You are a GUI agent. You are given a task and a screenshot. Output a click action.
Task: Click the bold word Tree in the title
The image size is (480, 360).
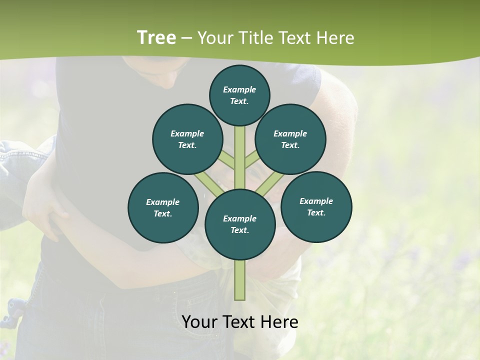point(156,37)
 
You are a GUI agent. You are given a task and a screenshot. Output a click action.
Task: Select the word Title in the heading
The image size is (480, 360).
point(255,38)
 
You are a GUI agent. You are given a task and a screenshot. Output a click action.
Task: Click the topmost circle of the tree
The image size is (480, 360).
point(239,95)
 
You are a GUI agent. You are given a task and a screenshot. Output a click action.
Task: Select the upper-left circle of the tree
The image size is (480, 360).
point(187,139)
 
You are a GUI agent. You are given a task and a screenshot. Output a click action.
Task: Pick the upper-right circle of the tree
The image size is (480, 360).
point(290,139)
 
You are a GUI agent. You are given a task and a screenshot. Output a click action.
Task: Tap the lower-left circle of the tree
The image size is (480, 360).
point(163,207)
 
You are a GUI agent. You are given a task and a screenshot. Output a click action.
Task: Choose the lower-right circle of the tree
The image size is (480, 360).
point(316,206)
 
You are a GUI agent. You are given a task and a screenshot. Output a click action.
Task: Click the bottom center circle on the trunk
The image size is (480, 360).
point(240,224)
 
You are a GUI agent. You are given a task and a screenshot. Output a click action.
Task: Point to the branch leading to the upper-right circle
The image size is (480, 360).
point(251,159)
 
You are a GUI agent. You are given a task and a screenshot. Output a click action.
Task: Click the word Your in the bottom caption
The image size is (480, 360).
point(200,322)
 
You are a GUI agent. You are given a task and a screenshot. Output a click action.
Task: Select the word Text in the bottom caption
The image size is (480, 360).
point(241,322)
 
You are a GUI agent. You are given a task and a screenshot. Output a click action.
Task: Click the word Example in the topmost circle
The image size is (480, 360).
point(239,89)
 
